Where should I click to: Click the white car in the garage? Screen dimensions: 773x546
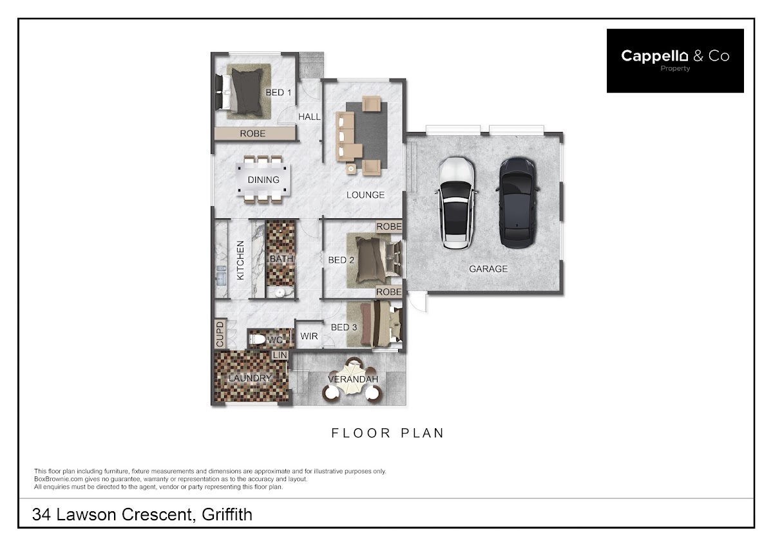click(457, 203)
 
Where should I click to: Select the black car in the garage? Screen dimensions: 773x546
click(517, 203)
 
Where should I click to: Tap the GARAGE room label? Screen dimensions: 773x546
click(488, 268)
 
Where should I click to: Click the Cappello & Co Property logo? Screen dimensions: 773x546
click(675, 61)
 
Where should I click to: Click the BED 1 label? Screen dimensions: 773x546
click(278, 93)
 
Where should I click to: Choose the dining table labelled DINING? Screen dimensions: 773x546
click(263, 180)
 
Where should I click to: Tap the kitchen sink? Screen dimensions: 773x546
click(221, 275)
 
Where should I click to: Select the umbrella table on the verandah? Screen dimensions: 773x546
click(352, 379)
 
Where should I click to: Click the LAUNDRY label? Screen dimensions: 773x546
click(250, 378)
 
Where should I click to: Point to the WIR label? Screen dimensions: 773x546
click(309, 336)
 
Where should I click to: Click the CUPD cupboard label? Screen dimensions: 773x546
click(220, 334)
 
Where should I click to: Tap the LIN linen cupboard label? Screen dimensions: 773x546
click(280, 355)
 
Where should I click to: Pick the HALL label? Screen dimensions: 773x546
click(309, 117)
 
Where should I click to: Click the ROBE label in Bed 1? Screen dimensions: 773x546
click(253, 133)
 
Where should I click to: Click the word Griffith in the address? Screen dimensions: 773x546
click(227, 514)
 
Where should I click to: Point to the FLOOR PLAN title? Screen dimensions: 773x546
click(388, 433)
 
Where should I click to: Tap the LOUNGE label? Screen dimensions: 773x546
click(365, 195)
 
